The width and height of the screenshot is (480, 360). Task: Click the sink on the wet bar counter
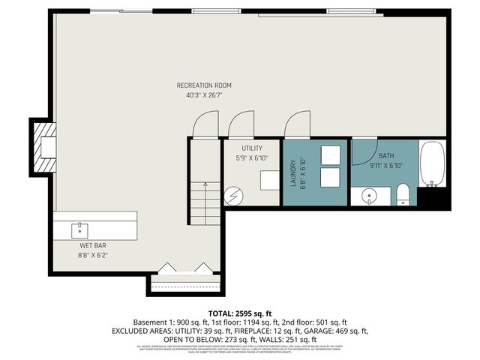(78, 226)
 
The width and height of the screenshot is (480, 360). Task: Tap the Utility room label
(251, 148)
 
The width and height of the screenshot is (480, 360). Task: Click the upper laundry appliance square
(331, 154)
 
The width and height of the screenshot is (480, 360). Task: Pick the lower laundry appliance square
(331, 178)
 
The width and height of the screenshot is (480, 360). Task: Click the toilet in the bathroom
(403, 194)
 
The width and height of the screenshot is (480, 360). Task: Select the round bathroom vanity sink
(369, 196)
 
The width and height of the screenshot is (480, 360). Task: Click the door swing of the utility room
(241, 124)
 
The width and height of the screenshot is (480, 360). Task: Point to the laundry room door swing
(297, 124)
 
